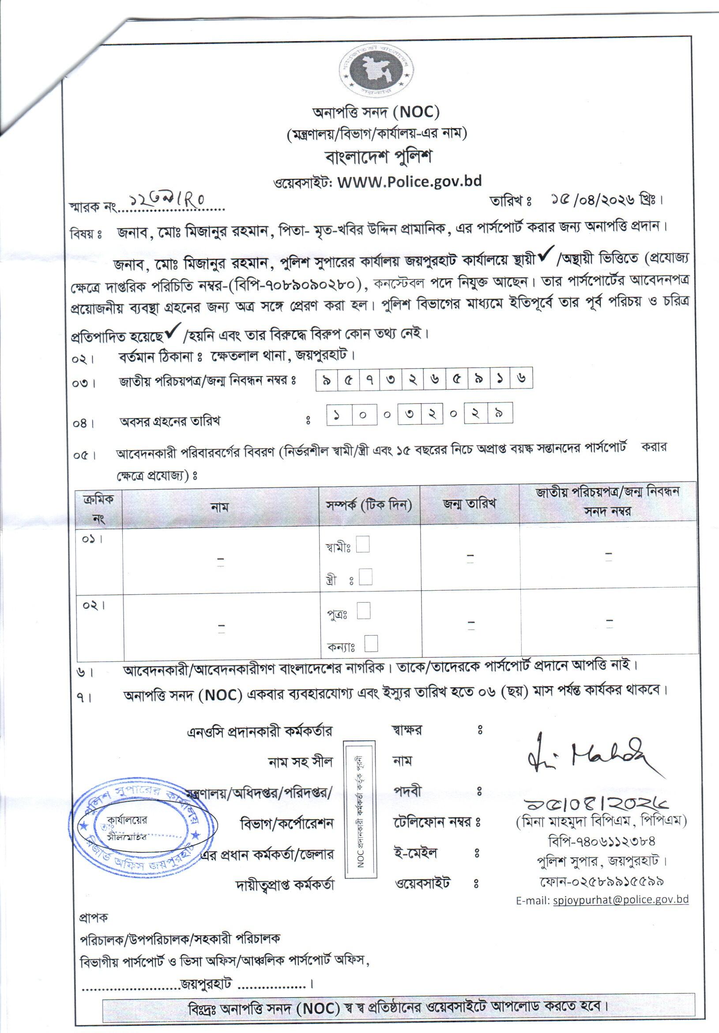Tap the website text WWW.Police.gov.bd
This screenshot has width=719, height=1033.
[x=409, y=181]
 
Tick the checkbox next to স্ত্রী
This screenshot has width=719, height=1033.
[x=366, y=577]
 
